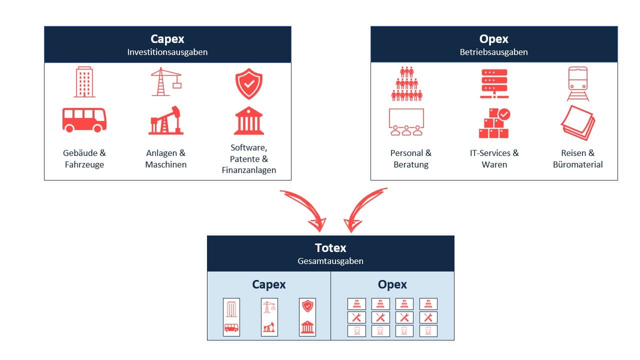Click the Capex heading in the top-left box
[x=167, y=39]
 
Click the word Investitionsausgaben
[x=167, y=52]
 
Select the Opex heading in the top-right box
[x=493, y=39]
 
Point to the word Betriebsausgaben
[x=493, y=52]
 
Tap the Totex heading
[x=330, y=248]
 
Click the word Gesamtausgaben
[x=330, y=261]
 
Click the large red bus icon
[x=84, y=120]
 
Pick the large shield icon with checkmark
[x=248, y=83]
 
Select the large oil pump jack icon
[x=166, y=120]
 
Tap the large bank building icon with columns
[x=248, y=120]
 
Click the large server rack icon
[x=493, y=83]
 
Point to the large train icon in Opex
[x=577, y=83]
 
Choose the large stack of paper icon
[x=577, y=122]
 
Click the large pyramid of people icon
[x=406, y=83]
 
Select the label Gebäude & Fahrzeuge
[x=84, y=158]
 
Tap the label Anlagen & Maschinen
[x=166, y=158]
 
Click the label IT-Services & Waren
[x=494, y=158]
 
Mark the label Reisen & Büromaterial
[x=577, y=158]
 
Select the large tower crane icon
[x=165, y=82]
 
